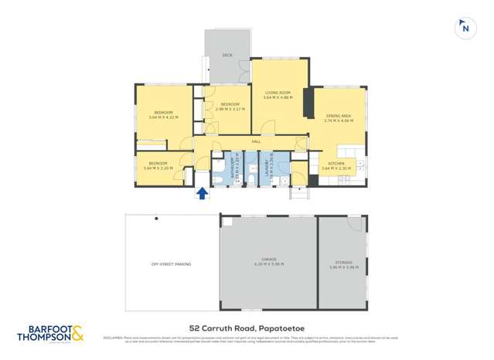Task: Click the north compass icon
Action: [465, 28]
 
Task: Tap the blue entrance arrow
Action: [202, 193]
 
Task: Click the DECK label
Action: [227, 56]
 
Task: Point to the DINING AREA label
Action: [339, 115]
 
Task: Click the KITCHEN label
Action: [336, 164]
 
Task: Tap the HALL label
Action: [256, 141]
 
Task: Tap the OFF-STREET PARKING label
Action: [171, 264]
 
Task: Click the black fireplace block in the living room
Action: [308, 103]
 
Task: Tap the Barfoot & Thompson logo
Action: [49, 333]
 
